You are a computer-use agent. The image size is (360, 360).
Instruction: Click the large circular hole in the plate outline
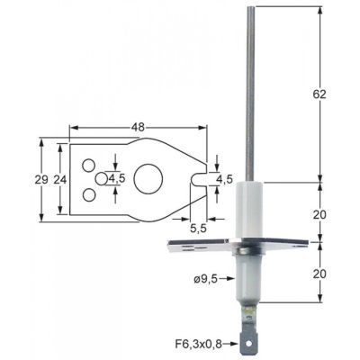pyautogui.click(x=148, y=177)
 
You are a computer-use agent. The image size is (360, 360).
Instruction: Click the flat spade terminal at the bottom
pyautogui.click(x=250, y=337)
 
